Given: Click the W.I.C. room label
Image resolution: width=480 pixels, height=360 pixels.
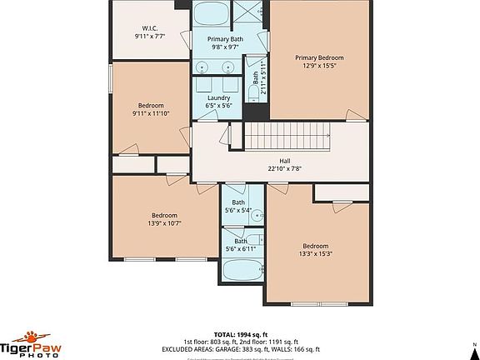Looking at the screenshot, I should click(x=149, y=28).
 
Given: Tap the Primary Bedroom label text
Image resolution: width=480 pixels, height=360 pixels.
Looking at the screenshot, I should click(x=319, y=57).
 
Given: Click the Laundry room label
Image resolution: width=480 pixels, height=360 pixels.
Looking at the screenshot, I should click(x=218, y=97).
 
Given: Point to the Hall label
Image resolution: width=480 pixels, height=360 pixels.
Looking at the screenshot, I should click(x=284, y=160).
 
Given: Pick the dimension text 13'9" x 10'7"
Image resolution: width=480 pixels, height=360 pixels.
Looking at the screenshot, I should click(x=164, y=222).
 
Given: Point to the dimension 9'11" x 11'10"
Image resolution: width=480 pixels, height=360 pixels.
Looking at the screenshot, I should click(x=151, y=113).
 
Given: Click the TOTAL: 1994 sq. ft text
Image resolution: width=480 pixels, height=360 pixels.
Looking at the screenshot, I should click(x=239, y=332).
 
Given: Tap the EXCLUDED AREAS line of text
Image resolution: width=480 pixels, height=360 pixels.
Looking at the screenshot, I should click(x=239, y=347).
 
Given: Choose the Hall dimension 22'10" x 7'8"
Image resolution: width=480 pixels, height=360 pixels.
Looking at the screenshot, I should click(x=284, y=168).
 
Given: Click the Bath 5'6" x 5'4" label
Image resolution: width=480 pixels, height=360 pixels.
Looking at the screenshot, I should click(x=239, y=207).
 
